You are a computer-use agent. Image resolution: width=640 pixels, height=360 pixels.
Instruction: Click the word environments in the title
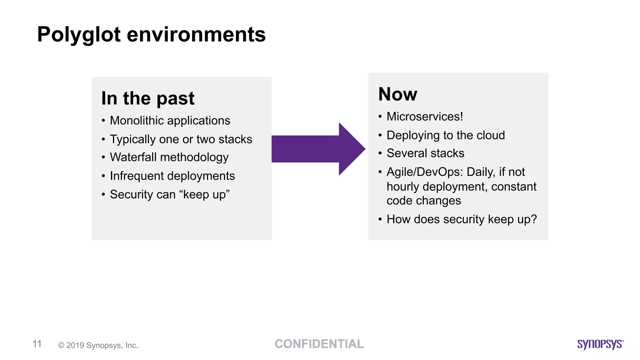(x=196, y=34)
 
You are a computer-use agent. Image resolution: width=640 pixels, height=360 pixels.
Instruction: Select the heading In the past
(x=148, y=98)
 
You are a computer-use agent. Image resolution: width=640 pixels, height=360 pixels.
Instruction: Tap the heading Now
(x=397, y=94)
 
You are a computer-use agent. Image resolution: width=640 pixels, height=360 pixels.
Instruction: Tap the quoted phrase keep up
(x=204, y=195)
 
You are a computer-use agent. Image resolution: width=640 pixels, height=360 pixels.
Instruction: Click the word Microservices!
(x=425, y=117)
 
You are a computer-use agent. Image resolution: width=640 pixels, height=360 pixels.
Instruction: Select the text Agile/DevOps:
(x=425, y=172)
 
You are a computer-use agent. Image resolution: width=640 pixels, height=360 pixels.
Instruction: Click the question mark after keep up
(x=534, y=219)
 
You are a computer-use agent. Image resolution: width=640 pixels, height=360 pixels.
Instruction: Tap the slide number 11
(x=37, y=344)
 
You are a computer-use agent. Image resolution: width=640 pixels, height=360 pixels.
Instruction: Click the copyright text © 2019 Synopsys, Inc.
(x=98, y=345)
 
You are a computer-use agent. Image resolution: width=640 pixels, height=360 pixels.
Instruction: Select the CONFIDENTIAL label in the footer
(x=319, y=344)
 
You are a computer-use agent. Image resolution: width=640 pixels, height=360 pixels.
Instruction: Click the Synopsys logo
(x=600, y=344)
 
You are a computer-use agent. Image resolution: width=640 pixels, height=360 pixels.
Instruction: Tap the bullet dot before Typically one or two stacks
(x=103, y=140)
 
